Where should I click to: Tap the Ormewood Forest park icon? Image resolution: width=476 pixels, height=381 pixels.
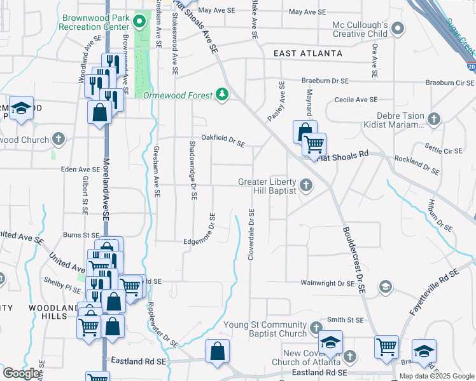tap(221, 95)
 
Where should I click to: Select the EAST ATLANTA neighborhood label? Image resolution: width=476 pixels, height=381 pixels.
tap(308, 53)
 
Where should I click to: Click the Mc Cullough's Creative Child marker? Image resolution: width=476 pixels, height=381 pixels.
tap(398, 29)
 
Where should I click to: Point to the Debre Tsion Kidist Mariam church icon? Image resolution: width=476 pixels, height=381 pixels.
tap(433, 119)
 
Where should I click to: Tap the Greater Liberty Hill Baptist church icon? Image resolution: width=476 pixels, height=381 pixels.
tap(306, 186)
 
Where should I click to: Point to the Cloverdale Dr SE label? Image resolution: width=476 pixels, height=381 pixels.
tap(251, 235)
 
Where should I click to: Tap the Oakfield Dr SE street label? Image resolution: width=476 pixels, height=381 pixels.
tap(223, 144)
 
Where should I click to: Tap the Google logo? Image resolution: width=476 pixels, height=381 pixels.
tap(22, 373)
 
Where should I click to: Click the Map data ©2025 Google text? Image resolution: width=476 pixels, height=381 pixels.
tap(436, 376)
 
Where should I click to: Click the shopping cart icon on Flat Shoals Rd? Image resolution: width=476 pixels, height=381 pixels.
tap(314, 145)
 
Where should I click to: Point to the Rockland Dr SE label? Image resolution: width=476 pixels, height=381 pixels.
tap(417, 165)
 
